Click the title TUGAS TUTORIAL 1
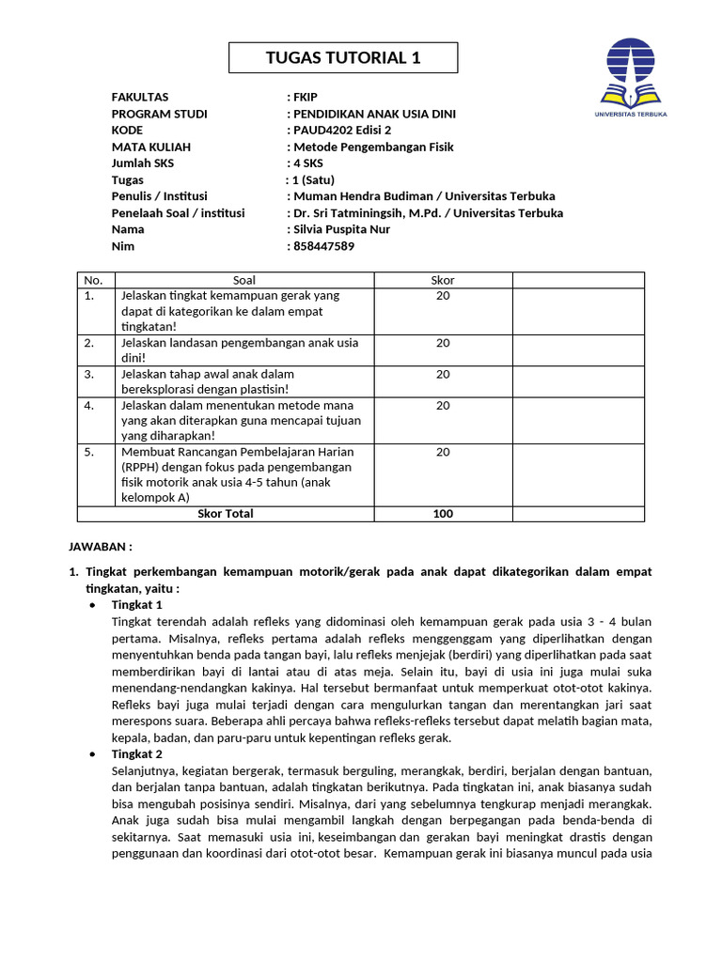click(343, 58)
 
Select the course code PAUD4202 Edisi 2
click(342, 131)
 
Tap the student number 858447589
click(324, 246)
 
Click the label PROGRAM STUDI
click(159, 114)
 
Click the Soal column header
click(243, 280)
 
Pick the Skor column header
click(442, 280)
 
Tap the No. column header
click(92, 280)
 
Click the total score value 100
click(442, 513)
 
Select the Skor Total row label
click(225, 513)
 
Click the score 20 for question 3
click(442, 374)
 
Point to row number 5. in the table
click(89, 452)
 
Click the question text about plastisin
click(207, 381)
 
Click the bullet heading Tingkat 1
click(137, 604)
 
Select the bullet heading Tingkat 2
click(137, 753)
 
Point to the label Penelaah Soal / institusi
click(178, 213)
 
